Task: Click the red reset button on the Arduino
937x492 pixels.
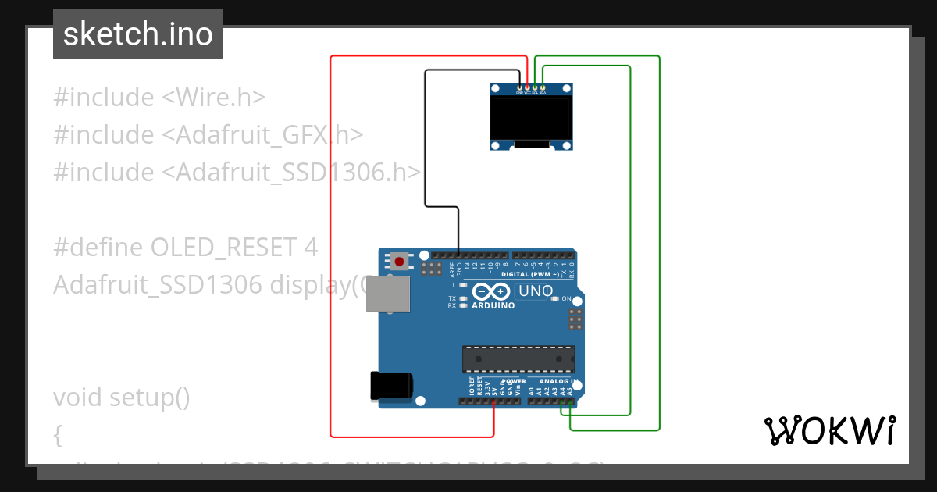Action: (401, 261)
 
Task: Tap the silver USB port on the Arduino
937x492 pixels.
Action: (388, 294)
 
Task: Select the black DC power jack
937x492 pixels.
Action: (390, 385)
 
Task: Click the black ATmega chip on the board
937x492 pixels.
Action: (518, 358)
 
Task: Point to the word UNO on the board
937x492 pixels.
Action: (535, 291)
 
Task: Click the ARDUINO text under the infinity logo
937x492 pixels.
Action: (493, 305)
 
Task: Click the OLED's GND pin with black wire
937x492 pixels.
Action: (519, 88)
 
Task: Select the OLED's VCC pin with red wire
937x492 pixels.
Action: (527, 88)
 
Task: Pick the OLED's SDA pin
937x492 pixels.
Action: (543, 88)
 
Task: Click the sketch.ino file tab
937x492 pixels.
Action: (138, 34)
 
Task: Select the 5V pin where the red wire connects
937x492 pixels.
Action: (494, 401)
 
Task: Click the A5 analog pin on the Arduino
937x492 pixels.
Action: (570, 401)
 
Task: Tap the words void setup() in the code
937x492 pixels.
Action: (122, 398)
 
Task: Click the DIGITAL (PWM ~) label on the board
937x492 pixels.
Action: (530, 275)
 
